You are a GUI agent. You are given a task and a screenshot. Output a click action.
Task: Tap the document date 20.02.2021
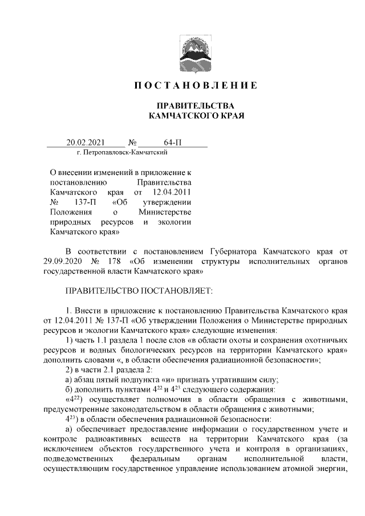(85, 143)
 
